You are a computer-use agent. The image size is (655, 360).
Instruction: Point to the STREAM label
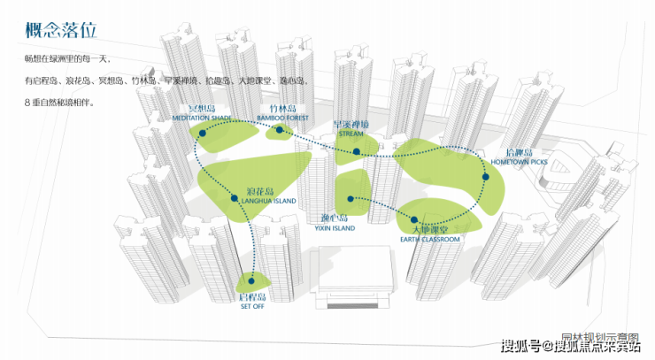[x=351, y=134]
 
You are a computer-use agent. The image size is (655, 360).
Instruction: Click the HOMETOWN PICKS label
[x=520, y=162]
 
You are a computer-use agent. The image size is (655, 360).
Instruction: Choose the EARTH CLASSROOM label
[x=429, y=240]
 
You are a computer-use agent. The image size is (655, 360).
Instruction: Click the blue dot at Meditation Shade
[x=203, y=133]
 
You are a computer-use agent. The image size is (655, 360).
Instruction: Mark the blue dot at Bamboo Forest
[x=279, y=130]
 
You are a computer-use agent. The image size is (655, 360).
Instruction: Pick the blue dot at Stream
[x=356, y=151]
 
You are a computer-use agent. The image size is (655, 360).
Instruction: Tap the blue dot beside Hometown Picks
[x=485, y=178]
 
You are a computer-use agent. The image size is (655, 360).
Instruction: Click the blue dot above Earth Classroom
[x=414, y=219]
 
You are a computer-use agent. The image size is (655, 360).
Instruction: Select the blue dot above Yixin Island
[x=351, y=198]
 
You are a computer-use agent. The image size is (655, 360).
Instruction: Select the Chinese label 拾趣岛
[x=515, y=152]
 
